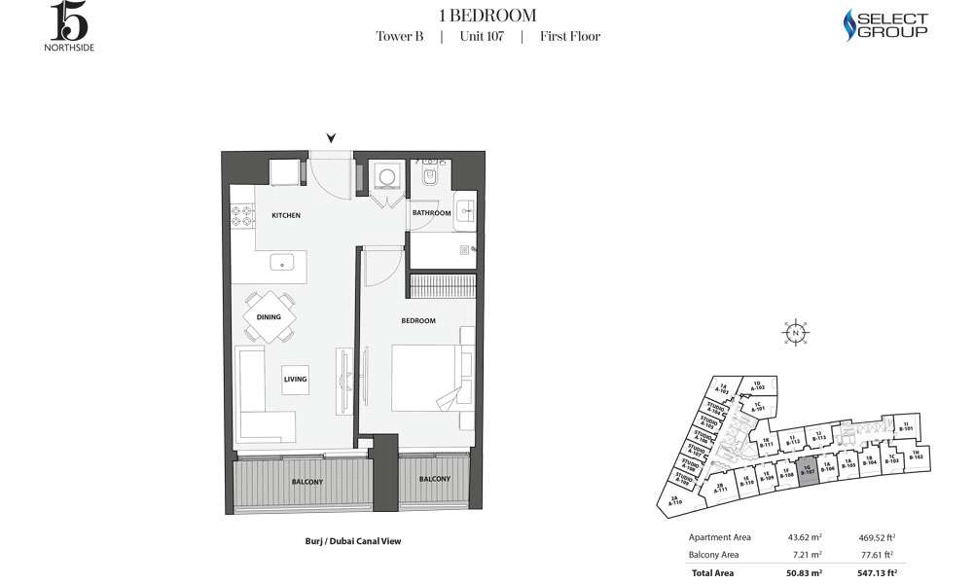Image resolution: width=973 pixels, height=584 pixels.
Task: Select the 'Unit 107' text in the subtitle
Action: (481, 37)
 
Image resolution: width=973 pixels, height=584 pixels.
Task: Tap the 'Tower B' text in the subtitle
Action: (399, 37)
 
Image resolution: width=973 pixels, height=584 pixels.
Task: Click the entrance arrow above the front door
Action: (332, 138)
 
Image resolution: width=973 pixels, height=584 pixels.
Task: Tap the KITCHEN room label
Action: (286, 215)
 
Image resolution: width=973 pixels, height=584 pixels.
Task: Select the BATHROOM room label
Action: (432, 213)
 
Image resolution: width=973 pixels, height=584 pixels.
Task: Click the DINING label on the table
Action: (269, 317)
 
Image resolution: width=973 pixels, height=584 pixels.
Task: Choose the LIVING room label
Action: (295, 380)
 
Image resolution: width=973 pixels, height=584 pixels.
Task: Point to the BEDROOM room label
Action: (418, 320)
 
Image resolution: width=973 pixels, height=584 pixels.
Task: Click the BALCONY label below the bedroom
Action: (435, 479)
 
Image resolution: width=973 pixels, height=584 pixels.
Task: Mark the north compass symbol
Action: (795, 333)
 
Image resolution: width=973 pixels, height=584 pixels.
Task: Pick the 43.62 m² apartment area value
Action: (803, 537)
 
